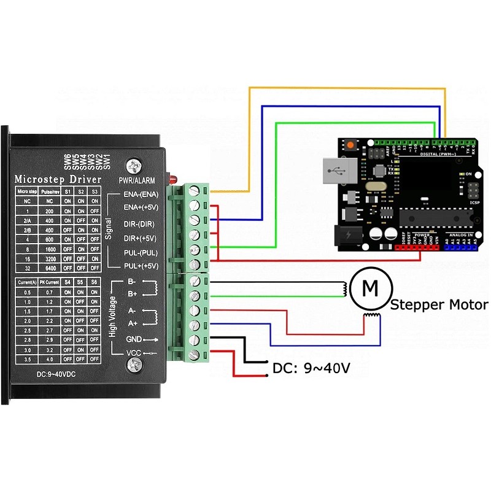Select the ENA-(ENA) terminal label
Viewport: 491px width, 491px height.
(x=141, y=195)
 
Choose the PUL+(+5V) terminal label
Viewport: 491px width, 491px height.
(x=141, y=266)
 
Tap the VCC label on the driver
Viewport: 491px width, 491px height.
(x=134, y=354)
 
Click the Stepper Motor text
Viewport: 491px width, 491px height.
(x=439, y=304)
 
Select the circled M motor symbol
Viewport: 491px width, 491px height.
(x=369, y=287)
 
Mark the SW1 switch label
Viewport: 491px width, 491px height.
(x=106, y=161)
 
